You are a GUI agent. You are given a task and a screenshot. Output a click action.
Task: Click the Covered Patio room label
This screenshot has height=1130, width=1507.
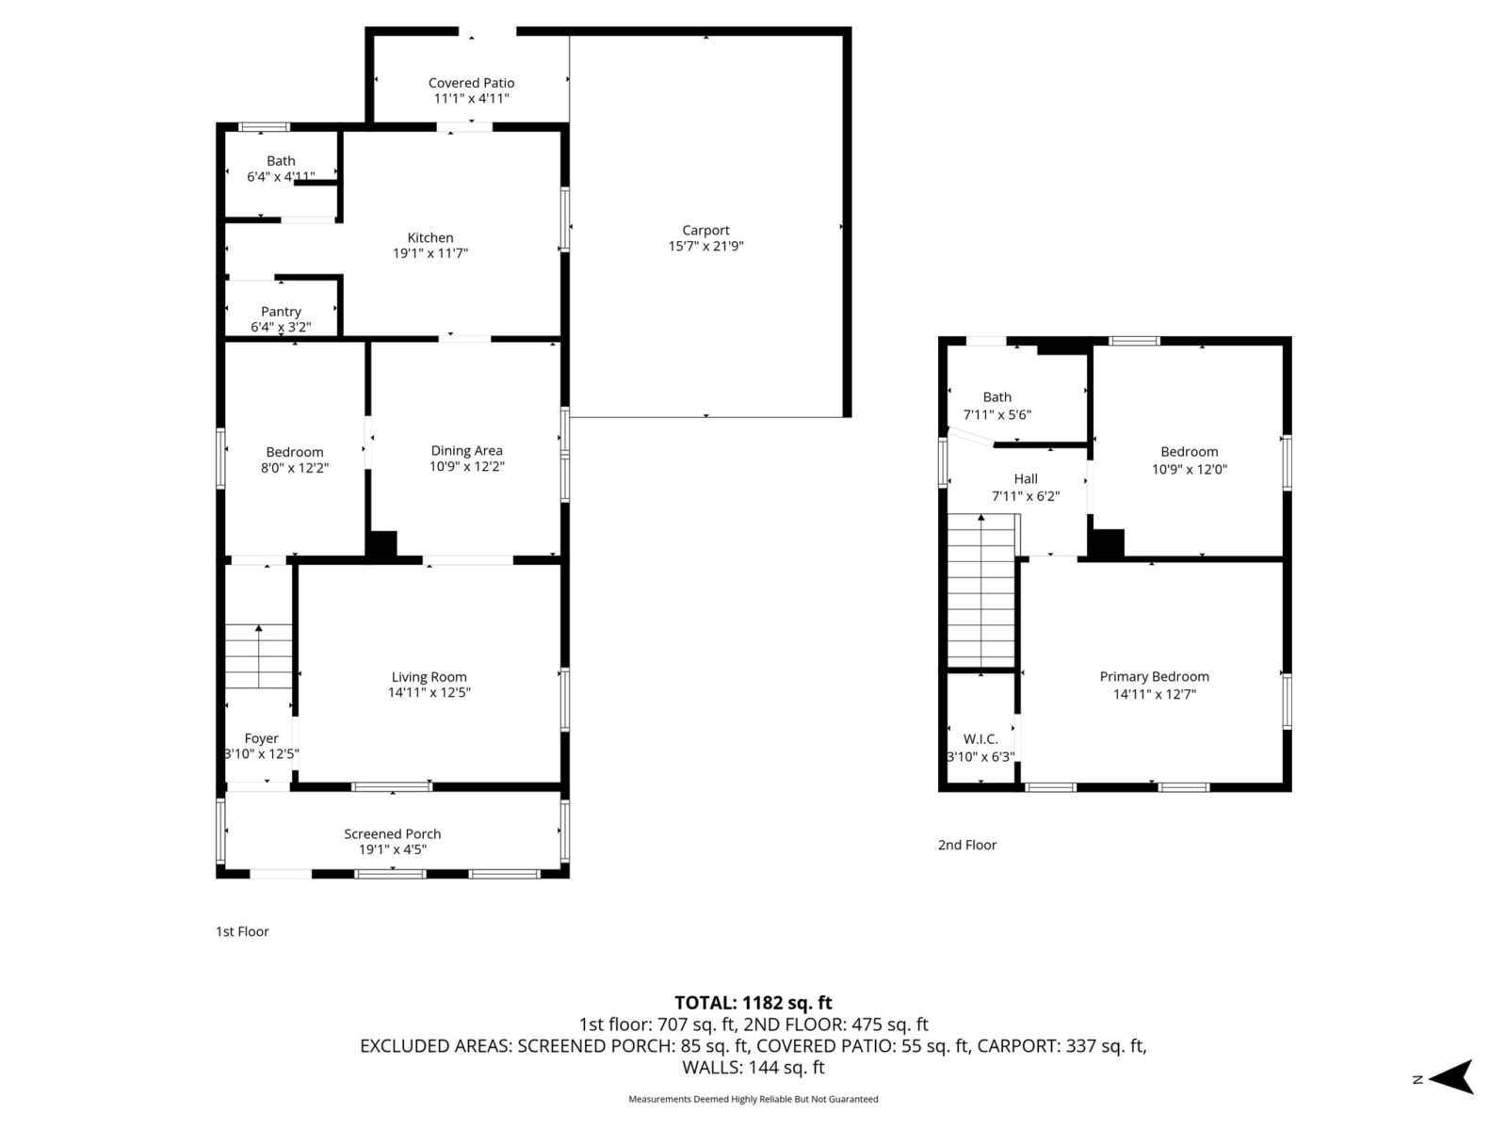coord(471,83)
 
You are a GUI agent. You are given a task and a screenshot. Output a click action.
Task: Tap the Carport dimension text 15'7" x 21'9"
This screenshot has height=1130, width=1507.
coord(705,247)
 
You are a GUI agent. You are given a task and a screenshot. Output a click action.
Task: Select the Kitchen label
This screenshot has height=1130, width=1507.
coord(430,237)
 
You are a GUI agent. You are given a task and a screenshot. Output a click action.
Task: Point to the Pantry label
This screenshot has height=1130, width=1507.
coord(281,312)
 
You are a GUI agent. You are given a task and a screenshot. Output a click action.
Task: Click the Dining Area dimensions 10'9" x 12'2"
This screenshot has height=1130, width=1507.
coord(467,466)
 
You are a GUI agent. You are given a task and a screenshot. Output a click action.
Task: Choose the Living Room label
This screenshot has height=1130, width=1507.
coord(429,677)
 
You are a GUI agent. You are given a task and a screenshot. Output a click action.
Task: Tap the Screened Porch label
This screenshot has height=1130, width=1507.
coord(393,833)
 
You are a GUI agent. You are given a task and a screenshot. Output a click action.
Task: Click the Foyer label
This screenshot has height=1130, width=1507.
coord(262,738)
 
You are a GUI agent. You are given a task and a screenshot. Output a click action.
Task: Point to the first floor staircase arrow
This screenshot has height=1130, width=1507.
coord(259,656)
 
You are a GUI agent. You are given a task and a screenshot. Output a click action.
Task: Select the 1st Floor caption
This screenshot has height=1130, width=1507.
coord(242,931)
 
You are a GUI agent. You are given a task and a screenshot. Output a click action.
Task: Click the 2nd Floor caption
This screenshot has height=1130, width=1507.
coord(967,846)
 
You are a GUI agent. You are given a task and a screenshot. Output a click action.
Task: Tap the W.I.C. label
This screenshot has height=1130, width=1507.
coord(980,739)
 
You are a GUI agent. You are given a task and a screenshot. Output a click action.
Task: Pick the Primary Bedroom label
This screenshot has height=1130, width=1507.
coord(1155,676)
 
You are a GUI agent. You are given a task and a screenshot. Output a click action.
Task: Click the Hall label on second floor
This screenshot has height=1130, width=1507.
coord(1026,479)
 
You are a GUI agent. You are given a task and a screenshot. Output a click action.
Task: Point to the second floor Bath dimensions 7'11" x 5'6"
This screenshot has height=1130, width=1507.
coord(997,414)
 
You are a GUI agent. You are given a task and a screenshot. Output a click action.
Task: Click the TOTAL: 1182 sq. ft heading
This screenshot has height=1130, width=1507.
coord(753,1003)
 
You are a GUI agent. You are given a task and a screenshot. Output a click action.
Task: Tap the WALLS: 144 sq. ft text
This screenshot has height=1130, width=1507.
coord(753,1068)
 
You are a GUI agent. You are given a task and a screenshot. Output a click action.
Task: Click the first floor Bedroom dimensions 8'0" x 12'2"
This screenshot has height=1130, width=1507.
coord(295,468)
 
